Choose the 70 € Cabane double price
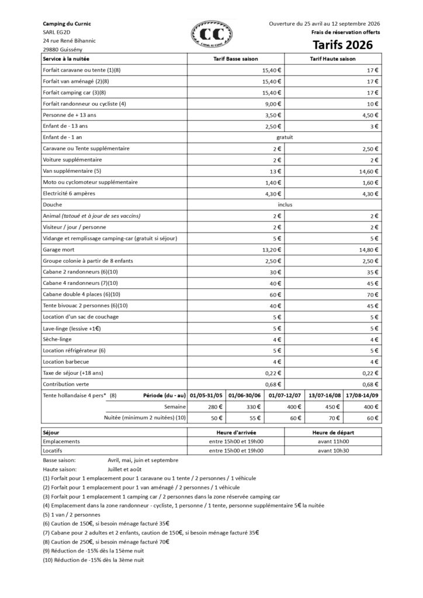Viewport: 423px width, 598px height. pos(373,294)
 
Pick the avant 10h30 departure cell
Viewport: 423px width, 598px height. pos(332,450)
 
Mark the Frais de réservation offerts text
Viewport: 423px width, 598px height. pos(346,33)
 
